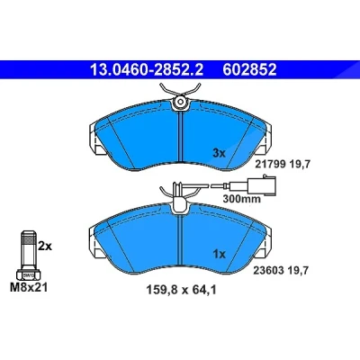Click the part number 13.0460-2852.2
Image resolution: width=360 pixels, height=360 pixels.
[x=147, y=69]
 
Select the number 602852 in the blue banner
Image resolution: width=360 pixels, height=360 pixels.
[x=249, y=69]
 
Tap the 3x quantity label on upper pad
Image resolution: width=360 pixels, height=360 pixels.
[x=219, y=154]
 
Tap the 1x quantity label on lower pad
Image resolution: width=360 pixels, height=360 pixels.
[x=219, y=255]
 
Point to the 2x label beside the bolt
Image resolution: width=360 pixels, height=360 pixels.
[x=45, y=247]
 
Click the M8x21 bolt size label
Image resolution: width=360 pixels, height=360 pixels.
[x=29, y=288]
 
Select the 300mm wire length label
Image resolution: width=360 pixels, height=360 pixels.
[x=242, y=199]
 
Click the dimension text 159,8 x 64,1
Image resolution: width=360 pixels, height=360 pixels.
[x=182, y=290]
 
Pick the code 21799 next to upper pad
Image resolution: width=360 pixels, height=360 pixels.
[x=270, y=164]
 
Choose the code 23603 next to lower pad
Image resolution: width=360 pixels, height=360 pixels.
[x=269, y=271]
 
